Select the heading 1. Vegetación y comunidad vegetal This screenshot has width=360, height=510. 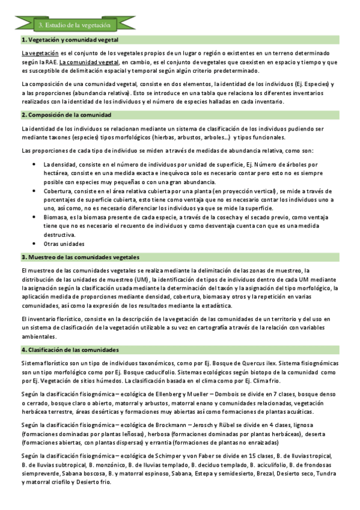point(70,40)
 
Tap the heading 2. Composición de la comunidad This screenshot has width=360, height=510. point(66,114)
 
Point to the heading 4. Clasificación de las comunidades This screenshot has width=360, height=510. point(70,349)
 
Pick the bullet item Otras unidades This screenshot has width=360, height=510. point(64,244)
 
